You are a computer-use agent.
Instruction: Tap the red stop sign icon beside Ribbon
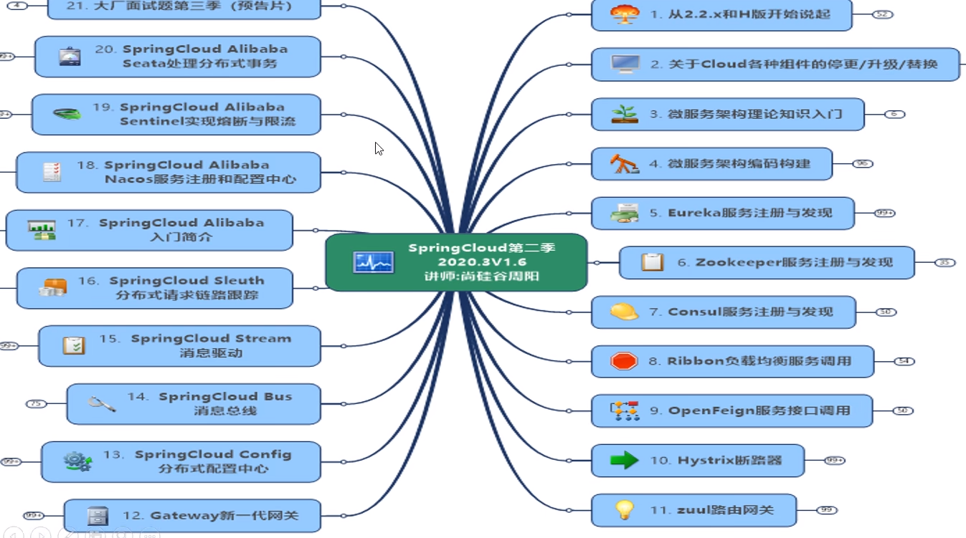(624, 361)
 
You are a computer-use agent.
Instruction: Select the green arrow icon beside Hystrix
(624, 460)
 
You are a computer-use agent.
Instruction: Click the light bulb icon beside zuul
(625, 510)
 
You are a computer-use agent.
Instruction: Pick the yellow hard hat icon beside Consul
(624, 312)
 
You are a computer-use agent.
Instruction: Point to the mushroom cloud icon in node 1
(624, 14)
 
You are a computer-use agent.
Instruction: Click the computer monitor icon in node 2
(625, 64)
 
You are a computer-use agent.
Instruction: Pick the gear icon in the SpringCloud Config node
(77, 461)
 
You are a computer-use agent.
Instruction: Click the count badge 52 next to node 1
(883, 14)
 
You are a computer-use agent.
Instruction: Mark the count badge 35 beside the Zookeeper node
(945, 263)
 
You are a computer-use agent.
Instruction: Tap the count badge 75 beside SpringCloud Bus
(36, 404)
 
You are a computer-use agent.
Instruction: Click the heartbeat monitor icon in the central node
(374, 262)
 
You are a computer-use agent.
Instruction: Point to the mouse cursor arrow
(378, 148)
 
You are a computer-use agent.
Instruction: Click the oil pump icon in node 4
(624, 163)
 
